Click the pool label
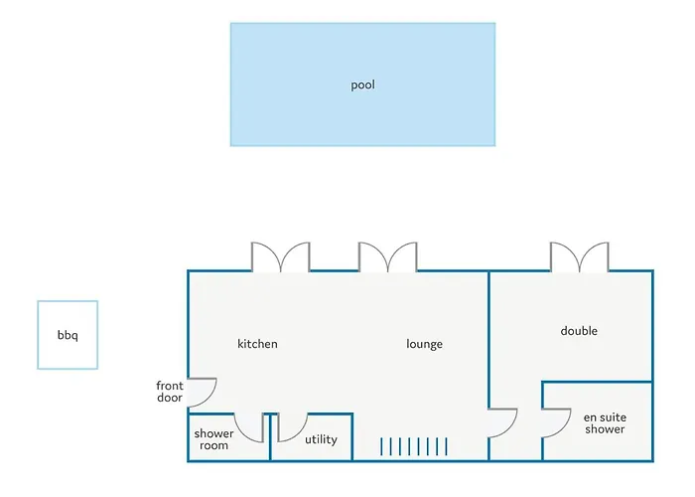(x=362, y=84)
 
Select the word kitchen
(x=257, y=344)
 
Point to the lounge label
(x=424, y=344)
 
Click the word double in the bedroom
(x=579, y=331)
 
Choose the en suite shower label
(x=605, y=422)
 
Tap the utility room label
(x=321, y=439)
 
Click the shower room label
(x=213, y=439)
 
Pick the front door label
(x=170, y=392)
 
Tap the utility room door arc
(x=298, y=432)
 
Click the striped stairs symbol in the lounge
(x=414, y=446)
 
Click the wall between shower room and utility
(x=270, y=437)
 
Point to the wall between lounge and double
(x=488, y=340)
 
